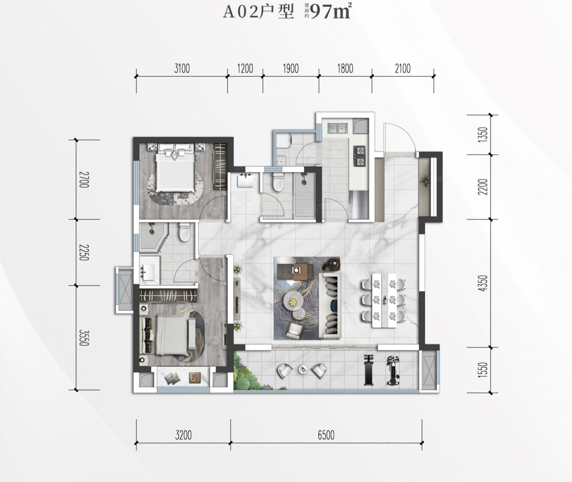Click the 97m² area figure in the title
331,11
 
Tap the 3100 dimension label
182,69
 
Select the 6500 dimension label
326,435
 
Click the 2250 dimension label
84,252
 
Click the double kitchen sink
337,128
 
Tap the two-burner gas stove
360,156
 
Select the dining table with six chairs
384,300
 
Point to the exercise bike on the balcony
393,370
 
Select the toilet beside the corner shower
184,232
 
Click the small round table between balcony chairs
302,369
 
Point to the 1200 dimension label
245,69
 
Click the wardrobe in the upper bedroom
220,167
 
